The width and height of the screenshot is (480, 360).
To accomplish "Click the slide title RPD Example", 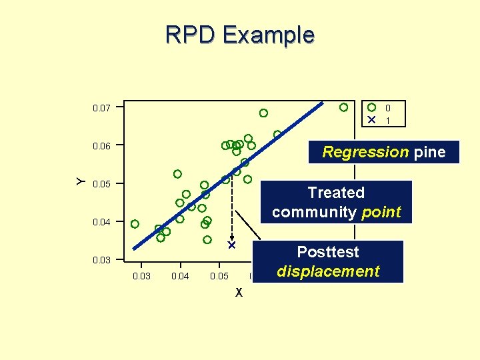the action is [x=240, y=34].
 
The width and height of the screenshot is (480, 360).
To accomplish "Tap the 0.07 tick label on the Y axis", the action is [x=102, y=107].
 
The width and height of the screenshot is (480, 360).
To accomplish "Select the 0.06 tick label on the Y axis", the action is [x=102, y=145].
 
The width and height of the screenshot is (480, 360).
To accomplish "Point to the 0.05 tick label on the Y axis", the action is [x=102, y=184].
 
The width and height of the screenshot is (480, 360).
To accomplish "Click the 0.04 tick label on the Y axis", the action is [x=102, y=222].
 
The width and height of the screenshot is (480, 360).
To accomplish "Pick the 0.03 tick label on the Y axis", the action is [x=102, y=260].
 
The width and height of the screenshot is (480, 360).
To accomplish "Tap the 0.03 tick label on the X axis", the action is [x=142, y=276].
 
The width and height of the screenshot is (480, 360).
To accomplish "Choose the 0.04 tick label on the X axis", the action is [x=180, y=276].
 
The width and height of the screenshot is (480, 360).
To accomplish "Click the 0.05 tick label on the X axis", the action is [x=219, y=276].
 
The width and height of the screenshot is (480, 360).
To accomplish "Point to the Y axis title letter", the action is [x=80, y=181].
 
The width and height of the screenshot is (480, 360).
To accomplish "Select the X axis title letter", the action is [x=239, y=293].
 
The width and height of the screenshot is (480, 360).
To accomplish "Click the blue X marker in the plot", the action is [x=232, y=245].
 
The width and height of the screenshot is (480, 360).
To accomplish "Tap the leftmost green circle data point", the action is [x=135, y=224].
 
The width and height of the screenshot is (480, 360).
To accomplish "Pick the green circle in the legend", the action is [x=371, y=107].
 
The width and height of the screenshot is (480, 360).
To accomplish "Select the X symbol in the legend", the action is [x=371, y=120].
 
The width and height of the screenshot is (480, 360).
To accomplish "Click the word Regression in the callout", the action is [x=365, y=152].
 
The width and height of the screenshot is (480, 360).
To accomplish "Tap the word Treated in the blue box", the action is [x=336, y=193].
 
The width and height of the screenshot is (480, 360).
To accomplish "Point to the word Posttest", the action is [x=328, y=252].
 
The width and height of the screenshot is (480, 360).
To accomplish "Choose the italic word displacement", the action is [x=328, y=271].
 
